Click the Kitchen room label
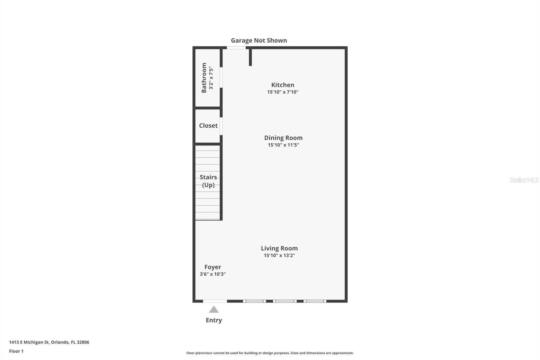click(282, 85)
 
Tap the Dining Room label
click(283, 138)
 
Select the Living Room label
click(279, 248)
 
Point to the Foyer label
click(213, 267)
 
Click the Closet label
click(208, 126)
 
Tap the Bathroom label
click(204, 78)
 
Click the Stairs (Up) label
click(208, 181)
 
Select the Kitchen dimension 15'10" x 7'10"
click(282, 92)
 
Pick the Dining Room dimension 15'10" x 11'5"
click(283, 145)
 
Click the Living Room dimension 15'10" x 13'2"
click(279, 255)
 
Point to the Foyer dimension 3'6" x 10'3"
click(213, 274)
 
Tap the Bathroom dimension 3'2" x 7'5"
click(211, 78)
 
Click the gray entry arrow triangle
click(214, 310)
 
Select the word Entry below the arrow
click(214, 320)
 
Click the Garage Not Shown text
click(259, 40)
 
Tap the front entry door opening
click(215, 301)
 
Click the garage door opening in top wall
click(236, 48)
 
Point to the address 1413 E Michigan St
click(29, 342)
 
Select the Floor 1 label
click(16, 351)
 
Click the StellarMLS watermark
click(524, 180)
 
